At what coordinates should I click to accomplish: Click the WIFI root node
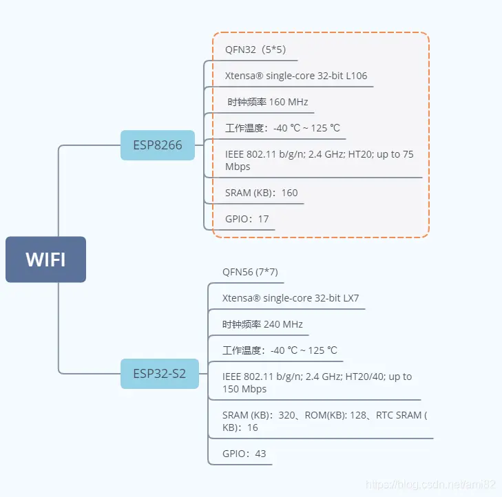pyautogui.click(x=45, y=260)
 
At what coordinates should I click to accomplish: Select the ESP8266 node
pyautogui.click(x=158, y=145)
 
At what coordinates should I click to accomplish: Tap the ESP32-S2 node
pyautogui.click(x=160, y=374)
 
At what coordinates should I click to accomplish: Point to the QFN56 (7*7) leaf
pyautogui.click(x=250, y=272)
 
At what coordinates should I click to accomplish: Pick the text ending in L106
pyautogui.click(x=301, y=76)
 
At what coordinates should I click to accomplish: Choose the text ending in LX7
pyautogui.click(x=291, y=298)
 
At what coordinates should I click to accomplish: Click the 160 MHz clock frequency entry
pyautogui.click(x=269, y=102)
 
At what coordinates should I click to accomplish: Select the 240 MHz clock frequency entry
pyautogui.click(x=262, y=324)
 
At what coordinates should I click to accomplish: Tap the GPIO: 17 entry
pyautogui.click(x=247, y=219)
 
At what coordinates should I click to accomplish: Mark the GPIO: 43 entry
pyautogui.click(x=244, y=454)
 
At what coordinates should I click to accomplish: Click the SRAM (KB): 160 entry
pyautogui.click(x=261, y=193)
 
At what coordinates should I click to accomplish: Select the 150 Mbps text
pyautogui.click(x=244, y=389)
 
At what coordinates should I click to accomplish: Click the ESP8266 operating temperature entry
pyautogui.click(x=282, y=128)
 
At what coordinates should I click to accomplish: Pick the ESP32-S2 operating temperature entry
pyautogui.click(x=280, y=350)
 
